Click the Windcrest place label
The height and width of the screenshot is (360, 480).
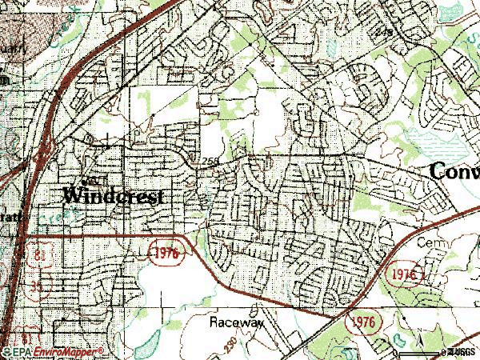113,195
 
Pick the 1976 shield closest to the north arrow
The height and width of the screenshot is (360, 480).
362,322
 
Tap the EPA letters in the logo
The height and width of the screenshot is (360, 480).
20,351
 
